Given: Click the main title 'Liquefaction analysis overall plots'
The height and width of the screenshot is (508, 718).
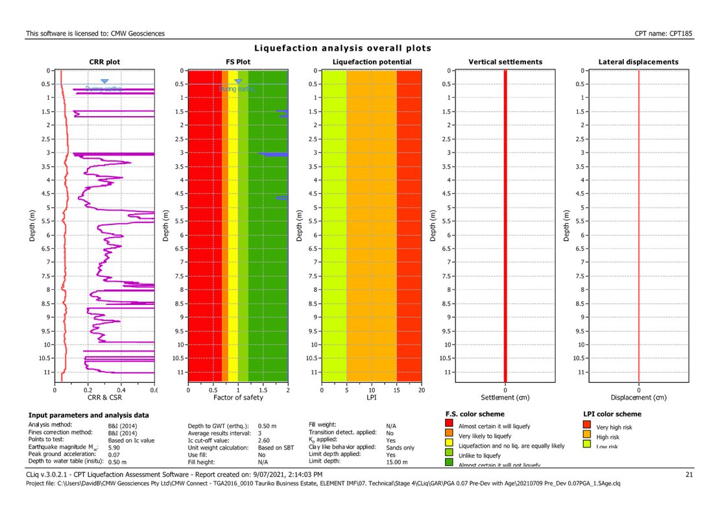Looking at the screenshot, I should [x=342, y=49].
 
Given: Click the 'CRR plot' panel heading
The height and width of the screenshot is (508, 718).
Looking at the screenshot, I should [x=104, y=62].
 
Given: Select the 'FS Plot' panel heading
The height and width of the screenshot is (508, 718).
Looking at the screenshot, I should [x=238, y=62].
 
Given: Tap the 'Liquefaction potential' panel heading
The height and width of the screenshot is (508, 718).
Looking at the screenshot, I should [x=372, y=62].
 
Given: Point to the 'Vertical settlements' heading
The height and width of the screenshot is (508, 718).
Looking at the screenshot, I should [x=505, y=62].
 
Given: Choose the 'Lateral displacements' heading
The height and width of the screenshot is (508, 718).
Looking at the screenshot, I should [x=639, y=62].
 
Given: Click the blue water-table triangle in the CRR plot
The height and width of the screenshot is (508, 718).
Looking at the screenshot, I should [x=104, y=82].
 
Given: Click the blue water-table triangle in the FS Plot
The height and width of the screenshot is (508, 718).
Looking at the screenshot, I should [x=238, y=81].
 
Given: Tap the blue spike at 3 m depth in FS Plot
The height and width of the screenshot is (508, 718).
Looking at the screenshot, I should [x=273, y=154].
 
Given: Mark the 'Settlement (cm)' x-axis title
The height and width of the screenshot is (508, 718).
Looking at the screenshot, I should [x=505, y=397].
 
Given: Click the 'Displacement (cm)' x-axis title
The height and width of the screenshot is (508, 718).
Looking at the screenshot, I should [x=639, y=397].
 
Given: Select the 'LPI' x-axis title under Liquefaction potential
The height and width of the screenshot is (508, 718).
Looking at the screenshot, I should [x=372, y=397].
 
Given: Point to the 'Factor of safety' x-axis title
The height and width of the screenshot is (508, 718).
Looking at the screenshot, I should [x=238, y=397].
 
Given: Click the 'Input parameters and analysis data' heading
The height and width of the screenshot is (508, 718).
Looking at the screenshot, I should [x=88, y=415].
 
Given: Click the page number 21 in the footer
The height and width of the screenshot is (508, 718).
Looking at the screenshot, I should [x=689, y=475].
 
